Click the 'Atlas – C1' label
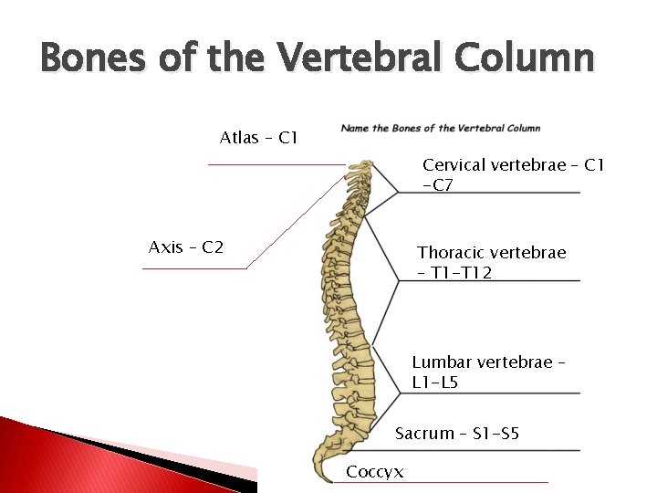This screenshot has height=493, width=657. click(258, 139)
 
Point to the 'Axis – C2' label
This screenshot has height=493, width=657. click(186, 247)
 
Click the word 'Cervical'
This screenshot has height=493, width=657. click(454, 165)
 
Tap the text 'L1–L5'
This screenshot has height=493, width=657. click(435, 383)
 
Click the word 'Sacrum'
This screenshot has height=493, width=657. click(424, 434)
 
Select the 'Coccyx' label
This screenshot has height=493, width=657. click(375, 472)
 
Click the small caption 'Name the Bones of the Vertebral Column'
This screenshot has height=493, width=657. click(441, 129)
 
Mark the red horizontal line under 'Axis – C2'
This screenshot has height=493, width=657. click(195, 268)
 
